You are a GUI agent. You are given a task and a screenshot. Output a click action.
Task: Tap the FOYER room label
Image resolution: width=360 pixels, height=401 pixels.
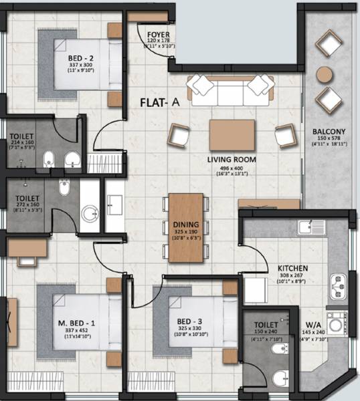159,33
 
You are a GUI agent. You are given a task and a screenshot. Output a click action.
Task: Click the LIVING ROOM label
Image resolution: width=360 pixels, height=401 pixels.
232,159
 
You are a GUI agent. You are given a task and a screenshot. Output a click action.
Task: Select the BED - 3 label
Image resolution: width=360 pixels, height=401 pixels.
185,319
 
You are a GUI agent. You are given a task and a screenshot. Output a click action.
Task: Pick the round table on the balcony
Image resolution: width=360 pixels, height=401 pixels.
325,74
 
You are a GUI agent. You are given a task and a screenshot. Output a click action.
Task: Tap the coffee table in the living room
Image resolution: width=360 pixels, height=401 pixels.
232,135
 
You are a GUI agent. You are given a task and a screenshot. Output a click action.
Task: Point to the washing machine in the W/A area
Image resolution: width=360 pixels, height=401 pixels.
342,320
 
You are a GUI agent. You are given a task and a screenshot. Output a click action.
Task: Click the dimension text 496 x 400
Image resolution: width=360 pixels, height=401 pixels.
232,167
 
